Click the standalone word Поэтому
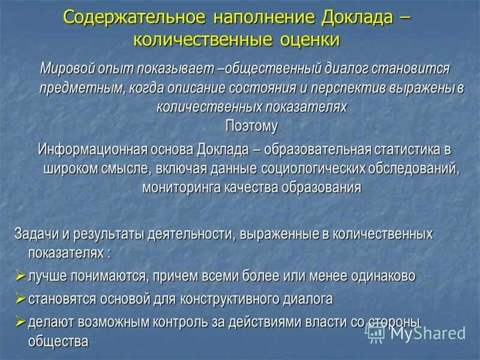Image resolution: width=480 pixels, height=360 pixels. pos(251,126)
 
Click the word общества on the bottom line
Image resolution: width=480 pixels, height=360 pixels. pos(58,341)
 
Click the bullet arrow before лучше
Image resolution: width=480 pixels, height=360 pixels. pos(20,276)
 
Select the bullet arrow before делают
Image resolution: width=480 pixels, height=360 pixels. pos(20,321)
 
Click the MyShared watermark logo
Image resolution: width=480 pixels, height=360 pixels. pos(417,332)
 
